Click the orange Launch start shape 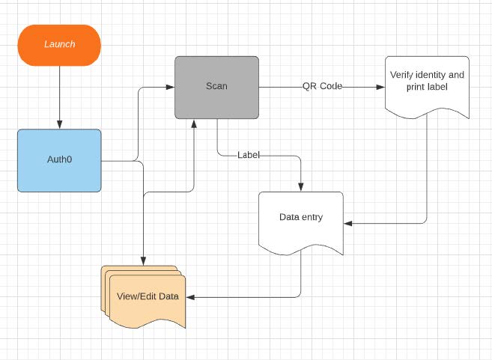[59, 44]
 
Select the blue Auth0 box [59, 160]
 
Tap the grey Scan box [216, 87]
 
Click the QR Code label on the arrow [322, 86]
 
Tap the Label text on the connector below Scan [249, 155]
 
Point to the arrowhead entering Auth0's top [59, 125]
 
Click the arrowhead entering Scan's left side [171, 87]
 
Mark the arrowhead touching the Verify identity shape [380, 87]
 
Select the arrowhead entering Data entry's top [301, 187]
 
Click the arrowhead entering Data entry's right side [348, 223]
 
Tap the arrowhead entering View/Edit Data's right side [189, 297]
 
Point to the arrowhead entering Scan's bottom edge [195, 123]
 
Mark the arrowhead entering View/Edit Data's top [143, 261]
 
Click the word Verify [404, 75]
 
